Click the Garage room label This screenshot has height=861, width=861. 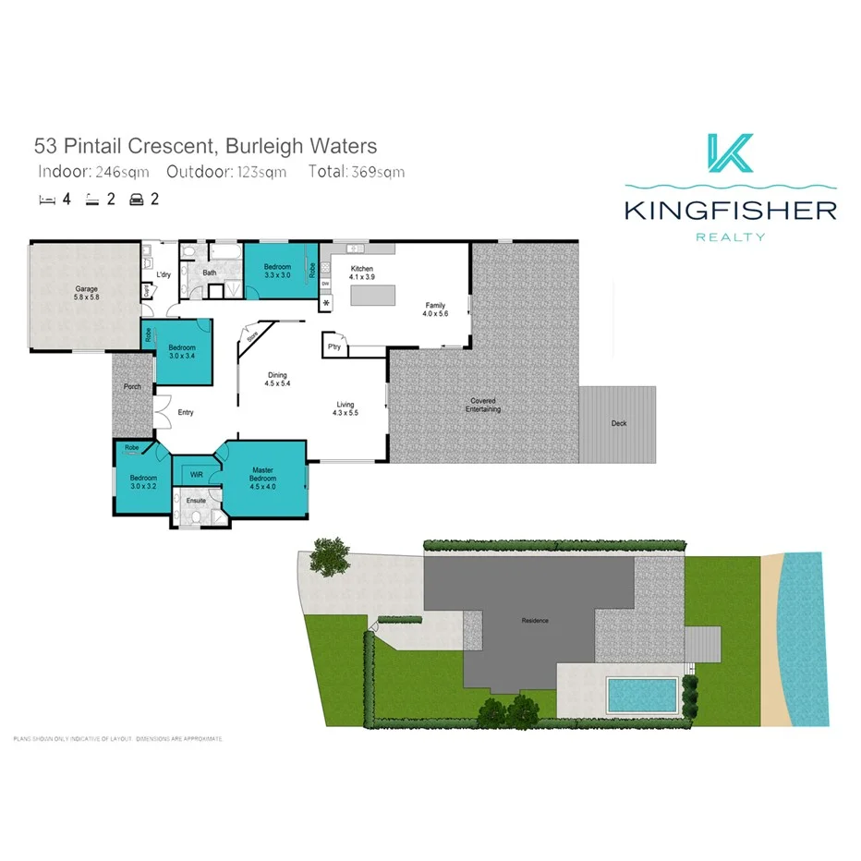point(86,293)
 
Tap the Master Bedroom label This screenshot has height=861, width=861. point(263,477)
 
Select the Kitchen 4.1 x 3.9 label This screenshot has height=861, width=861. point(361,273)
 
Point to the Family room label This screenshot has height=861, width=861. point(436,309)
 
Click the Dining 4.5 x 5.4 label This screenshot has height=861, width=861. point(277,379)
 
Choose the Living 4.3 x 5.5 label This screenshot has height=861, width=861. point(346,408)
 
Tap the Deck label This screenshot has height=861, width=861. point(619,423)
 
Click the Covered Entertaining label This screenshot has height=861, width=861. point(483,405)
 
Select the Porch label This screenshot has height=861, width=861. point(133,386)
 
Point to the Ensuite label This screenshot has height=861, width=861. point(196,501)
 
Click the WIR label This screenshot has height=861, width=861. point(196,474)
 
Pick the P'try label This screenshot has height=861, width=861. point(334,346)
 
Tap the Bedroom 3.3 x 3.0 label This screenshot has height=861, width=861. point(277,271)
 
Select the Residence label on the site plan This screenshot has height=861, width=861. point(535,620)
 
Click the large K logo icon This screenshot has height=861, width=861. point(730,153)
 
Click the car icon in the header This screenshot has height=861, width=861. point(137,199)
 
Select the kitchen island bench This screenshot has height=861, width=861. point(371,296)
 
